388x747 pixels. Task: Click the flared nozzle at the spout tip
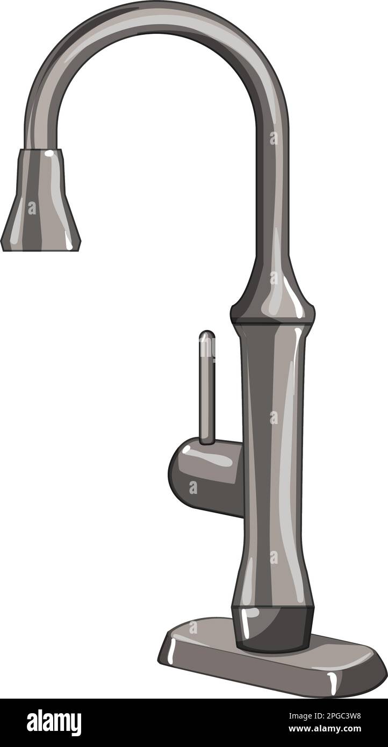41,202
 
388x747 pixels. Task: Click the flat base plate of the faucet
269,661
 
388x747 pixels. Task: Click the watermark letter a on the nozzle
32,207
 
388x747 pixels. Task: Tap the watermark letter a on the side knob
193,487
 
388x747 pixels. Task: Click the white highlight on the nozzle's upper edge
50,155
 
